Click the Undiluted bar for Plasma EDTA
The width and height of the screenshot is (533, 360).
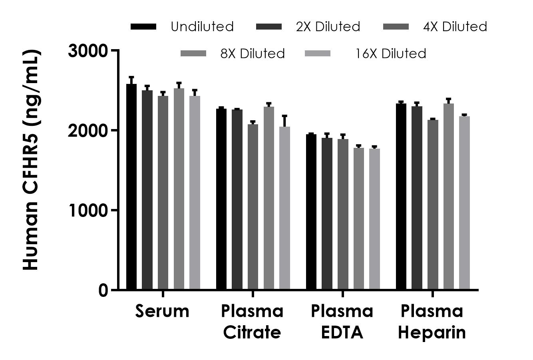pos(311,212)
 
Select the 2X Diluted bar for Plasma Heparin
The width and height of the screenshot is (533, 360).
pos(417,198)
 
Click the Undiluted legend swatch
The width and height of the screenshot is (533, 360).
pos(143,27)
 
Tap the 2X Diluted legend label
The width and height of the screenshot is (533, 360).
pos(328,27)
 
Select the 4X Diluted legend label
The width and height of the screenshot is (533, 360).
pos(455,27)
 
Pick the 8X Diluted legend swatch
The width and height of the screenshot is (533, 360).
pos(193,54)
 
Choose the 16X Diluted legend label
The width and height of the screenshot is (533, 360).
pos(391,54)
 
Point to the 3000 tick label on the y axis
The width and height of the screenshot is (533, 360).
pos(88,51)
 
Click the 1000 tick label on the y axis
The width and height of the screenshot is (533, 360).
pos(88,211)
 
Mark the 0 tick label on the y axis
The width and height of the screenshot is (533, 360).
pos(103,290)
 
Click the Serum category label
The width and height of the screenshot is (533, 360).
pos(162,311)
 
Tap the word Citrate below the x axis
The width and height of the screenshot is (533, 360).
pos(252,332)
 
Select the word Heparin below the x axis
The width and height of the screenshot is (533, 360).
pos(432,332)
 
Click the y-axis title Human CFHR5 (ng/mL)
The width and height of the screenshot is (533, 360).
pos(31,160)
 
